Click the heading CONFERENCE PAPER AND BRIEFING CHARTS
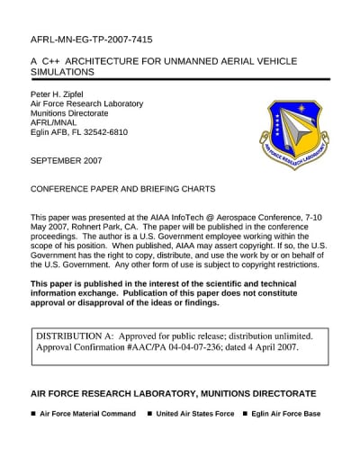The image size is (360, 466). (x=123, y=189)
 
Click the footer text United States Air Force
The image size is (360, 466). (x=194, y=415)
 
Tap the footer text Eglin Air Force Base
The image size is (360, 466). (x=287, y=415)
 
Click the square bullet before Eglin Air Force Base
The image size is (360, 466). (x=246, y=415)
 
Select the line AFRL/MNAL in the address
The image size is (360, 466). (x=55, y=123)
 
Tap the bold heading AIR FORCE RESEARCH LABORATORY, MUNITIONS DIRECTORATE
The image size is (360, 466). (x=174, y=394)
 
